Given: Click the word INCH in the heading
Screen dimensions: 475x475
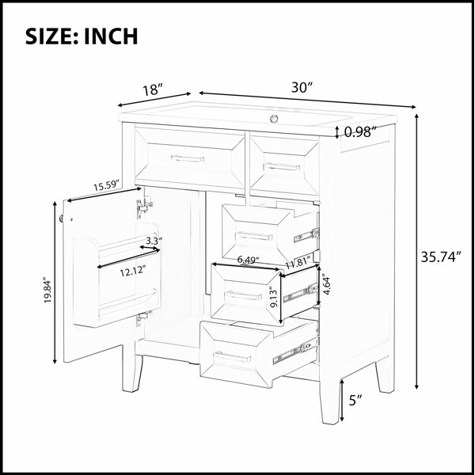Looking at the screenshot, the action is (x=111, y=36).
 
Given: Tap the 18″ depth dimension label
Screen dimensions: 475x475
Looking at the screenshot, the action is (x=153, y=90).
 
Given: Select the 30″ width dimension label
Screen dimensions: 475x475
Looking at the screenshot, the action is (x=302, y=88).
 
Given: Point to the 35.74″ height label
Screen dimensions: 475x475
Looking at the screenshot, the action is (x=441, y=257).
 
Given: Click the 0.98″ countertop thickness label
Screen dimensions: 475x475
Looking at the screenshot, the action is (x=360, y=131).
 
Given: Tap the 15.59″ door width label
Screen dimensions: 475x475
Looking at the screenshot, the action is (x=106, y=185).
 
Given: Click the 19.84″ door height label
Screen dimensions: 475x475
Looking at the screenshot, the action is (x=47, y=290).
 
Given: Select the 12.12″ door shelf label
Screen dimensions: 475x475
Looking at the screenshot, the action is (x=133, y=271).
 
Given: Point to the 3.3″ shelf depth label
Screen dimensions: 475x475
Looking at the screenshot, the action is (x=154, y=241).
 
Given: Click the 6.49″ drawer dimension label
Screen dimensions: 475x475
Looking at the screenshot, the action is (x=248, y=260).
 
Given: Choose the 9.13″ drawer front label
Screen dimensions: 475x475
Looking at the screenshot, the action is (x=274, y=298).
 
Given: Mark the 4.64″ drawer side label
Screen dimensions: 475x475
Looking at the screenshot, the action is (x=326, y=284).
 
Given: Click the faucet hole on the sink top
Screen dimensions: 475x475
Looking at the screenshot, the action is (x=274, y=118).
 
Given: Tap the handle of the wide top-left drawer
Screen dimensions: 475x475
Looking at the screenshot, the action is (x=188, y=158).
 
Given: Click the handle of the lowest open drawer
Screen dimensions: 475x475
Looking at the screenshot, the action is (x=232, y=358).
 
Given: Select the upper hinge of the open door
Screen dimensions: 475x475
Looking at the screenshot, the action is (x=145, y=207).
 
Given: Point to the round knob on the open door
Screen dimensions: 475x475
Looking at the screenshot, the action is (x=62, y=218).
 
